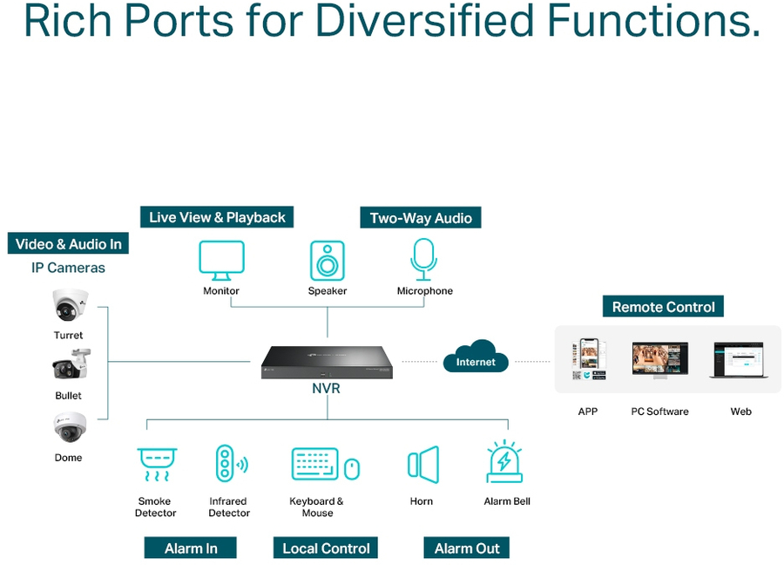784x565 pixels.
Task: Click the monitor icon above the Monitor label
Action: click(221, 260)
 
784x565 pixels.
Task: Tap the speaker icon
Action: click(328, 260)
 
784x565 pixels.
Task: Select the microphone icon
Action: click(424, 259)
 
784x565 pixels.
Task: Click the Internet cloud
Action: click(476, 357)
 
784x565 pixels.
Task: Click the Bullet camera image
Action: click(71, 366)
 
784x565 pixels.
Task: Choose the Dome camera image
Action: click(69, 428)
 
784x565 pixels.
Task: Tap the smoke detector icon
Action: click(157, 464)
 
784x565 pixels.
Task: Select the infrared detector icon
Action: click(227, 464)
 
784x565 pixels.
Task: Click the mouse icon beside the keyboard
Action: click(351, 469)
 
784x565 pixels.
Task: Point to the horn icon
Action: click(423, 464)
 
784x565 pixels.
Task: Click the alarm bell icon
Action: click(505, 462)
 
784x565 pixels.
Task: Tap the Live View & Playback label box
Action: click(217, 217)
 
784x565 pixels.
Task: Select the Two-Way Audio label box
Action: click(421, 218)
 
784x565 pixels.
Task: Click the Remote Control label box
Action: click(664, 307)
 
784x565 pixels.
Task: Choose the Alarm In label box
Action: click(191, 548)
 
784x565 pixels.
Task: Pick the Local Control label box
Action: click(327, 548)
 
